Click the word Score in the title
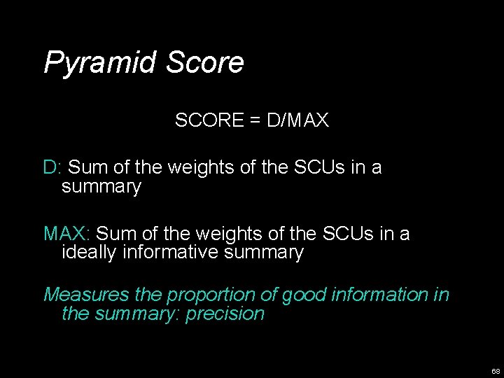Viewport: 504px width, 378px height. click(x=205, y=62)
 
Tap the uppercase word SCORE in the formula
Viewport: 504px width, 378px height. click(x=207, y=121)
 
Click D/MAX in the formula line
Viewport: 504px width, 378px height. click(x=297, y=121)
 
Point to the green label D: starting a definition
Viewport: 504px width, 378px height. click(x=53, y=168)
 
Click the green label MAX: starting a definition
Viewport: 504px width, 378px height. click(x=66, y=233)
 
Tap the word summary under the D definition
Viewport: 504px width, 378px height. click(x=101, y=188)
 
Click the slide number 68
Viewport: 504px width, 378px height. click(x=496, y=370)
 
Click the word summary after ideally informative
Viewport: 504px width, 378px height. click(x=265, y=252)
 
